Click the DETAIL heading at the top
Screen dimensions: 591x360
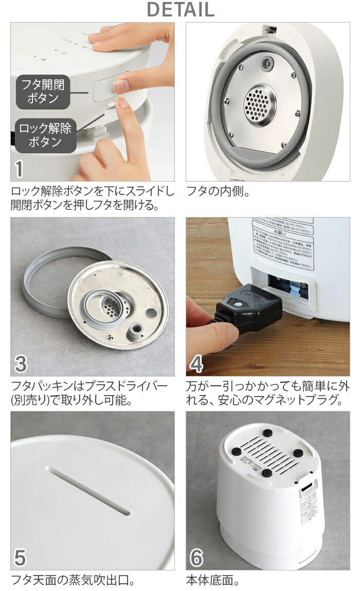pos(180,9)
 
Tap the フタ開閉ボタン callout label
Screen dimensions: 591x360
pos(43,92)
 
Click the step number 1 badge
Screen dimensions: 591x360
pos(20,169)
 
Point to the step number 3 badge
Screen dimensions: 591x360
pos(20,364)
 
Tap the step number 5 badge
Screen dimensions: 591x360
pos(20,558)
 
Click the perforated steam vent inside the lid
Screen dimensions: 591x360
pos(259,105)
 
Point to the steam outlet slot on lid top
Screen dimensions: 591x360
pos(87,491)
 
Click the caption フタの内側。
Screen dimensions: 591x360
pos(218,192)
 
